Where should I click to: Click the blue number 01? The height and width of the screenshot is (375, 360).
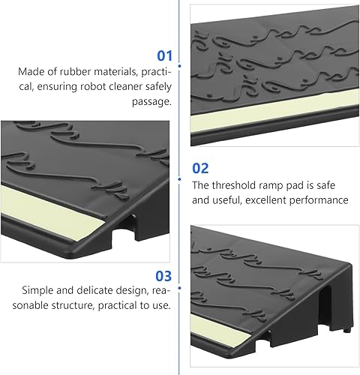[x=164, y=55]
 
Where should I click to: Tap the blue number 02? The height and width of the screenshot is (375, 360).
[x=200, y=169]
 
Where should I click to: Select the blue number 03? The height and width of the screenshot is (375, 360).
[x=164, y=276]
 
